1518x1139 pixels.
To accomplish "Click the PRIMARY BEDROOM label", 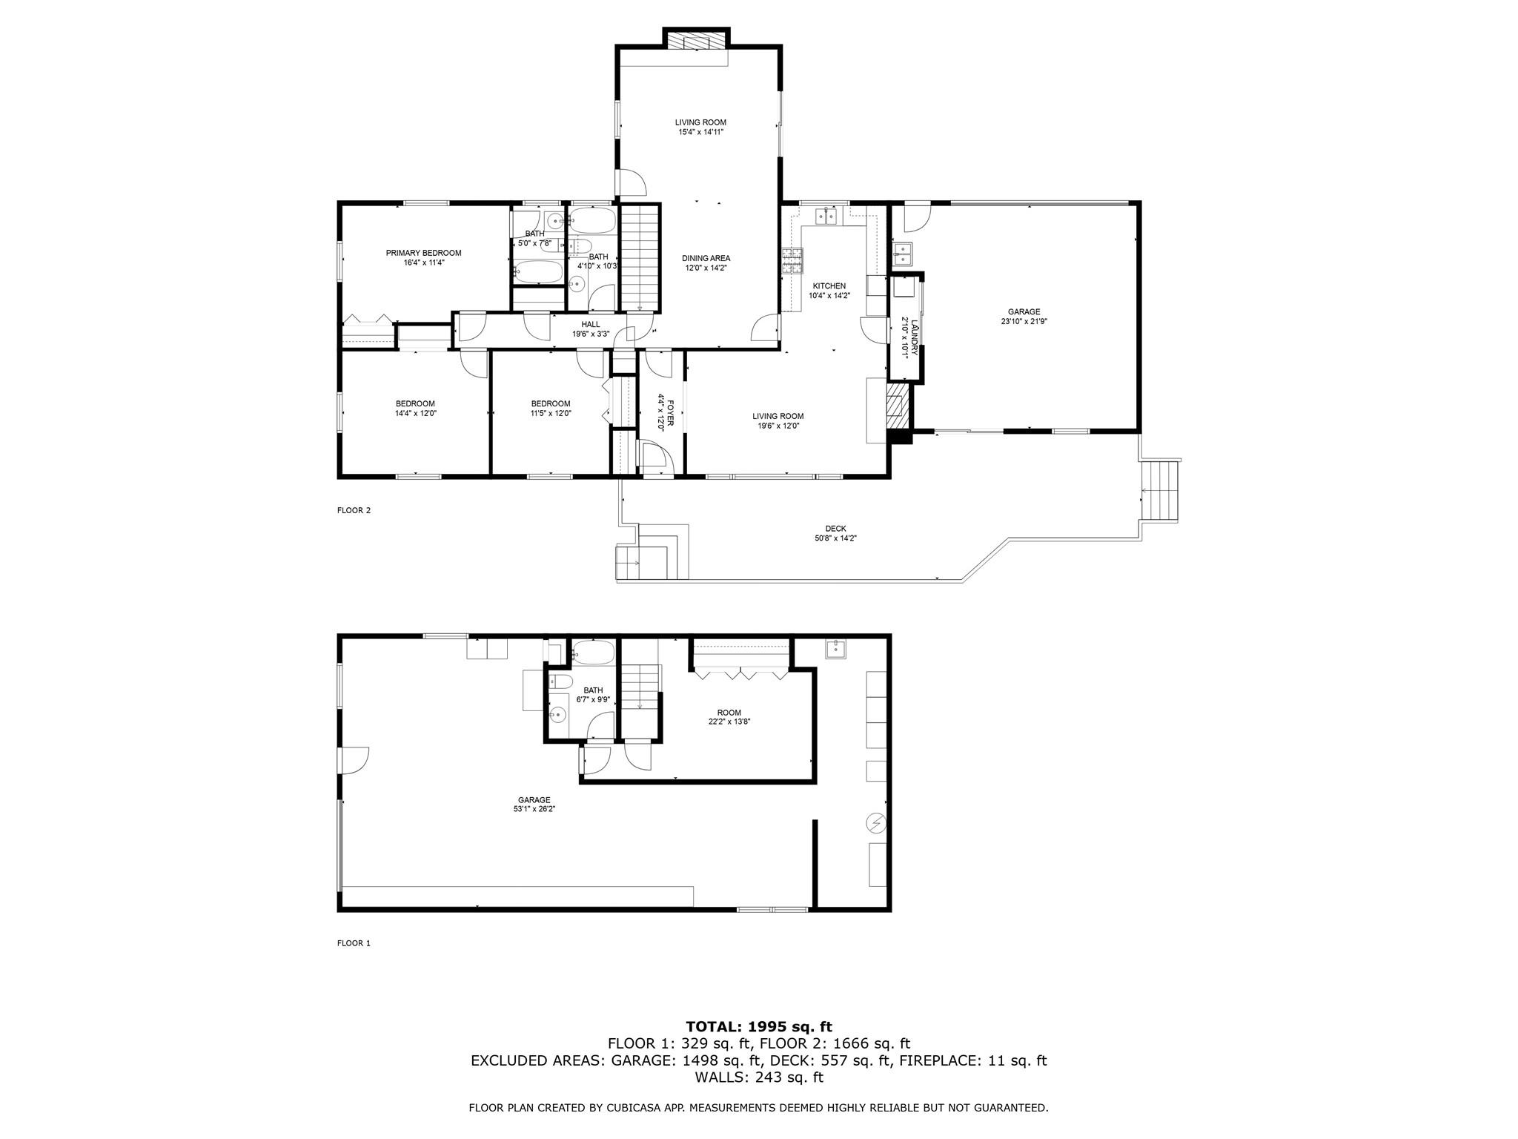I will click(423, 253).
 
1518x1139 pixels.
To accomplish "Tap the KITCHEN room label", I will click(829, 286).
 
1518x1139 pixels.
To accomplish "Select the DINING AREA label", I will click(706, 259).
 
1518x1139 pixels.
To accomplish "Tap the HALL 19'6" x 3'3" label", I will click(591, 329).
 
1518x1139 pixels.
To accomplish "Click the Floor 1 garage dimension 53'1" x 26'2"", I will click(534, 809).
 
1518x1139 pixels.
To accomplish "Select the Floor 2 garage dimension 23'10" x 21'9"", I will click(1024, 322).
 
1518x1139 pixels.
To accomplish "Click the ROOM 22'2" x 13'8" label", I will click(729, 716).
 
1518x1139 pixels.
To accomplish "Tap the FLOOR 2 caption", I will click(354, 510).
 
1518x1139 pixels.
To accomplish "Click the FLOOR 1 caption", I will click(354, 943).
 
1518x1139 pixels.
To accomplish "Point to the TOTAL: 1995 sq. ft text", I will click(758, 1027).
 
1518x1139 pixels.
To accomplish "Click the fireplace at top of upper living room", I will click(696, 40).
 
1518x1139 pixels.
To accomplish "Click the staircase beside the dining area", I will click(639, 257).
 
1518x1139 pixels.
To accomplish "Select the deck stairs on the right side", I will click(1161, 490).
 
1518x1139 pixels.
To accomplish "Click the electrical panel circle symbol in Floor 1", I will click(876, 822).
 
